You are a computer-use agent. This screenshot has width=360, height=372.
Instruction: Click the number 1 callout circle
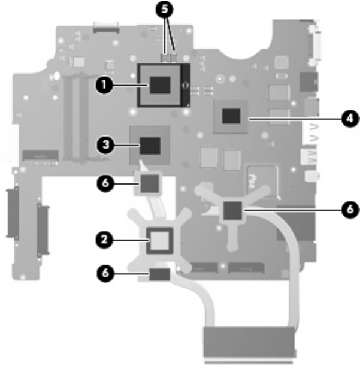(x=104, y=85)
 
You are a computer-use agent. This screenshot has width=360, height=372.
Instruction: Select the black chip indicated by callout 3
(x=150, y=145)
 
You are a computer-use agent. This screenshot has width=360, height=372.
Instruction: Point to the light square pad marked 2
(x=159, y=241)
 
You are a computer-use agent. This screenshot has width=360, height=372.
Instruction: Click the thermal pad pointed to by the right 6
(x=232, y=209)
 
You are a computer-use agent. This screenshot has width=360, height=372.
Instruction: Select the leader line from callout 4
(x=294, y=119)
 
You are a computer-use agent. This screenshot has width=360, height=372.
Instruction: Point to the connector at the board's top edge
(x=105, y=27)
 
